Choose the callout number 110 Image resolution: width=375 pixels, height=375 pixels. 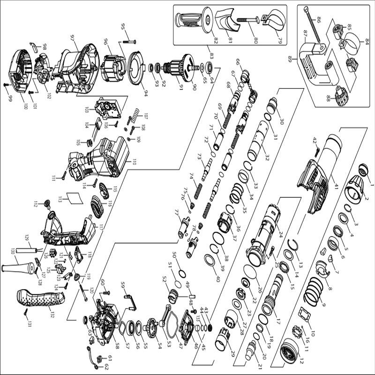[134, 162]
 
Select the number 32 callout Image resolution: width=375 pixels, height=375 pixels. [266, 156]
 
